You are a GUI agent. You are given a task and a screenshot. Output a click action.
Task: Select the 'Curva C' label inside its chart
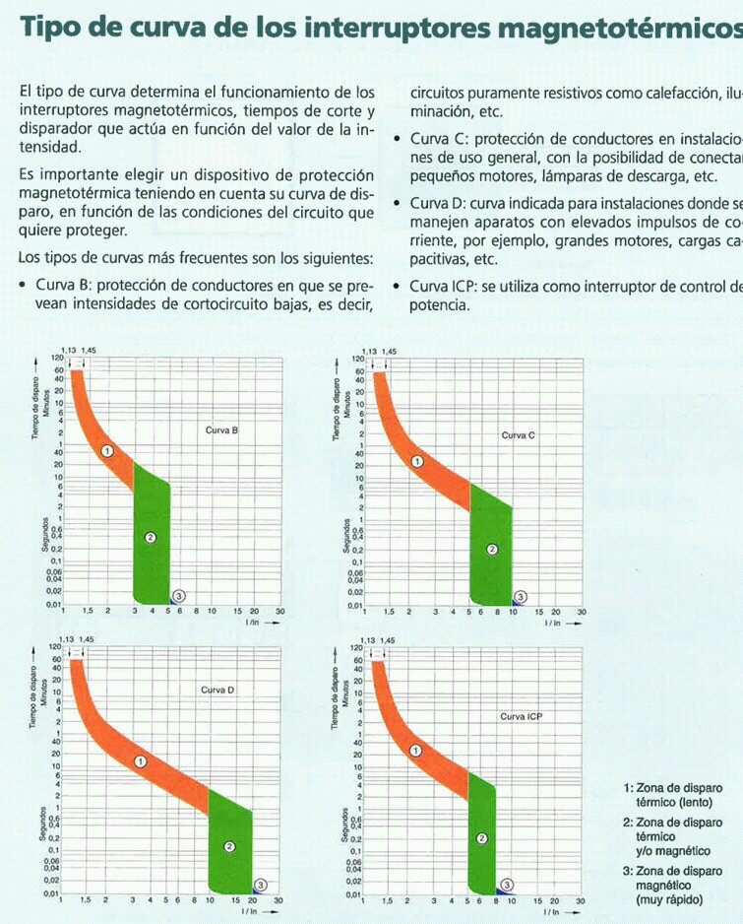(518, 434)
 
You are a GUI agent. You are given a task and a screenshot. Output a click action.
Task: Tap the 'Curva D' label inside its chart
(217, 690)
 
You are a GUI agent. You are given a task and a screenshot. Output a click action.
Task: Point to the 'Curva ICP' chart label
(521, 716)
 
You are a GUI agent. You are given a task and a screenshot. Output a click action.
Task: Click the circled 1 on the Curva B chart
(108, 450)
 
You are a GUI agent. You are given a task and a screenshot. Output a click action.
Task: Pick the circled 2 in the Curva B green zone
(151, 537)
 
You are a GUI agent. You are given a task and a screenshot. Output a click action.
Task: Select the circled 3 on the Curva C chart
(521, 596)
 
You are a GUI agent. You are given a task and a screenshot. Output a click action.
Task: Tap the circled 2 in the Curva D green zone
(229, 845)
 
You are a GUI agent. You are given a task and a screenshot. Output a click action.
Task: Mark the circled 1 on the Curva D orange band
(141, 761)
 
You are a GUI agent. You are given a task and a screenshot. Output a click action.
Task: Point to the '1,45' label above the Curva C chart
(390, 351)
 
